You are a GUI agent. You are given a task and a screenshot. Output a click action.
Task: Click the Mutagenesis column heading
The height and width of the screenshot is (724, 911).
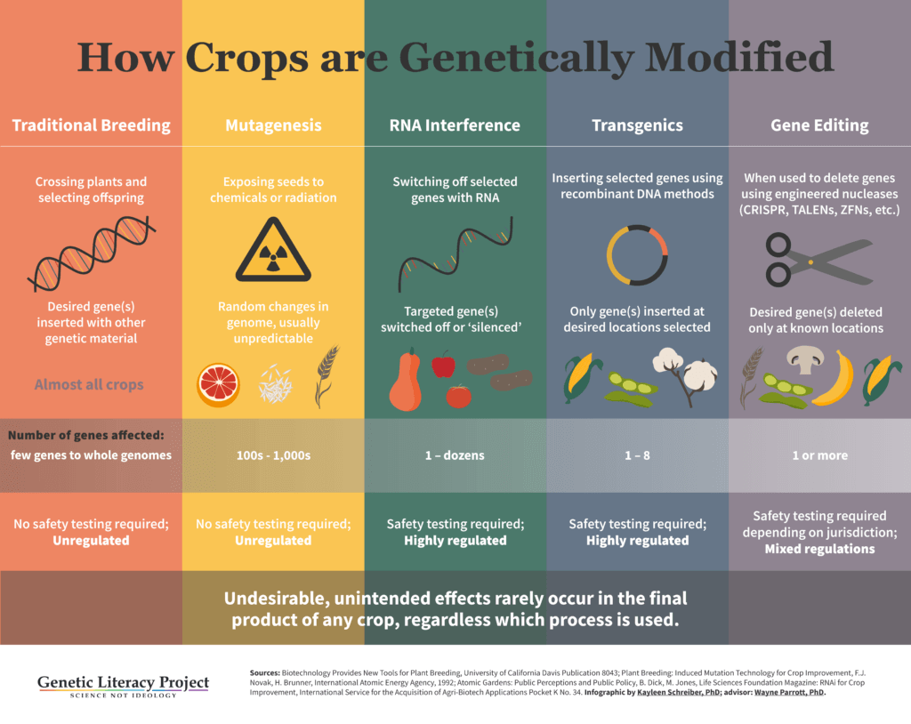[273, 125]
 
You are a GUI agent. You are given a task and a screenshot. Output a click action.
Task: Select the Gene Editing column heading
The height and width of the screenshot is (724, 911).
[819, 125]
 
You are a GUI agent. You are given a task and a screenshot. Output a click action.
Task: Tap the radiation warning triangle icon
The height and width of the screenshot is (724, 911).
[273, 251]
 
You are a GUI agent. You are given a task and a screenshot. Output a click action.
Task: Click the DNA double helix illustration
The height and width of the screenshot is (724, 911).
[92, 253]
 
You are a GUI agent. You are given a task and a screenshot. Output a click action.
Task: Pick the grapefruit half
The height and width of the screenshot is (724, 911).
[219, 384]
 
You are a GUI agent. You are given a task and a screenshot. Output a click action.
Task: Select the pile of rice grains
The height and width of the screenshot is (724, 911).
[275, 384]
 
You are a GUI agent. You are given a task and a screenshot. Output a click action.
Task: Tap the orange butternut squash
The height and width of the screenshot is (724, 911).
[406, 382]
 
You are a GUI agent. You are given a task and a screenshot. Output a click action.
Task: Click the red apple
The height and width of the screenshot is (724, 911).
[444, 365]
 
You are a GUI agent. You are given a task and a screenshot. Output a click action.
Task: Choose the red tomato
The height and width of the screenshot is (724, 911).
[458, 396]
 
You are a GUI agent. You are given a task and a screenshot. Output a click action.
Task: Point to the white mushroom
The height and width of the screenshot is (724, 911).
[804, 359]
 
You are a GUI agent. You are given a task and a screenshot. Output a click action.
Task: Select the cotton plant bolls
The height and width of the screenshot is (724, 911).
[686, 372]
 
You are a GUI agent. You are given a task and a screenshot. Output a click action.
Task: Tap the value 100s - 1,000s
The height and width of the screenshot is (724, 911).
[273, 455]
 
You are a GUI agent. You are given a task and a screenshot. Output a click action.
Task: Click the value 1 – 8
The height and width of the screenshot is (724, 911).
[637, 455]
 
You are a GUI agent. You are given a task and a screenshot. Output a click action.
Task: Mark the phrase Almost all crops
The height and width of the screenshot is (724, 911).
[89, 384]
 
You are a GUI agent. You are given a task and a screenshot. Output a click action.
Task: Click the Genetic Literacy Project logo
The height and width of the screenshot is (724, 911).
[123, 686]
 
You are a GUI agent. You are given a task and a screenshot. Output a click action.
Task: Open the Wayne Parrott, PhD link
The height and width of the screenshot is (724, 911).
[789, 692]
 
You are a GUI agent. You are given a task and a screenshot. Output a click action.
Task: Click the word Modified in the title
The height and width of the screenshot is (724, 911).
[739, 57]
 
